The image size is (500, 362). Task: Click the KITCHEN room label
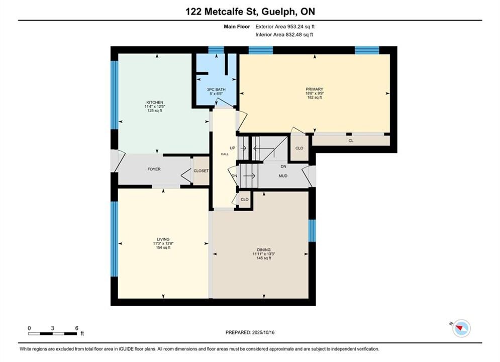pyautogui.click(x=155, y=103)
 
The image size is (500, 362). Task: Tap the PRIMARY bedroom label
pyautogui.click(x=315, y=89)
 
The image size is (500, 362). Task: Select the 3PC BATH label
pyautogui.click(x=216, y=89)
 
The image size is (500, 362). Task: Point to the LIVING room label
pyautogui.click(x=163, y=239)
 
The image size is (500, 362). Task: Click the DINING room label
pyautogui.click(x=264, y=250)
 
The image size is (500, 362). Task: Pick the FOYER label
pyautogui.click(x=154, y=169)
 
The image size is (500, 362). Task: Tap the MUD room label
pyautogui.click(x=283, y=176)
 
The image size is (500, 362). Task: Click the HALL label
pyautogui.click(x=225, y=154)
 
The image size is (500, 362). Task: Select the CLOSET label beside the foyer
pyautogui.click(x=201, y=171)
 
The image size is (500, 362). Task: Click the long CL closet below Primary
pyautogui.click(x=351, y=141)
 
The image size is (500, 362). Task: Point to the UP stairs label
pyautogui.click(x=233, y=148)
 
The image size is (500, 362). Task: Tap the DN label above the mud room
pyautogui.click(x=283, y=166)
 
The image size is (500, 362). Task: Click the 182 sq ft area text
pyautogui.click(x=315, y=98)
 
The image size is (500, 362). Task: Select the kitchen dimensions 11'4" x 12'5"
pyautogui.click(x=155, y=107)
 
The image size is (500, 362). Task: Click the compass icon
pyautogui.click(x=461, y=328)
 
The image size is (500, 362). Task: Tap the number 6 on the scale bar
pyautogui.click(x=77, y=328)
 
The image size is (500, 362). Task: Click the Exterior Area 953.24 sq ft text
pyautogui.click(x=285, y=27)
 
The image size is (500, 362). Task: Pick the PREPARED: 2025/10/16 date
pyautogui.click(x=250, y=332)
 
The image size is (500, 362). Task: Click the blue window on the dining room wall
pyautogui.click(x=312, y=231)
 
